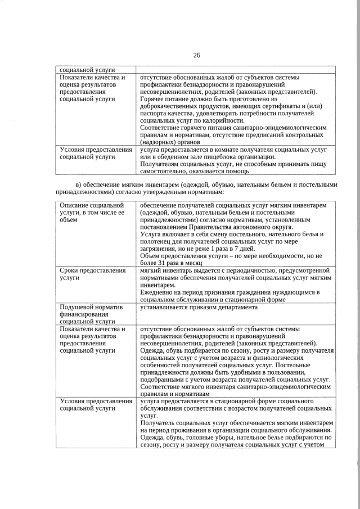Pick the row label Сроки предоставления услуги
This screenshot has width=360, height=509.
[92, 274]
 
